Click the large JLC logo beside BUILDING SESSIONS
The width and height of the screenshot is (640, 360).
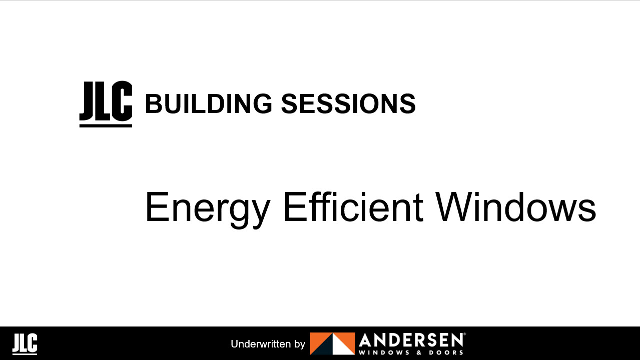[106, 103]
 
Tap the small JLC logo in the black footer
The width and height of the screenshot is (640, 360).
[25, 344]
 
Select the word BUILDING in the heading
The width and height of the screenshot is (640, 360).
[208, 103]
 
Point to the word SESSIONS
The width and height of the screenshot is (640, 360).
[348, 103]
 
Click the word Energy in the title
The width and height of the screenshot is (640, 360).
[207, 208]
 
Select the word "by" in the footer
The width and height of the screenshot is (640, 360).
[300, 344]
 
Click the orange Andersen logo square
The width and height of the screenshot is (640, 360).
[332, 343]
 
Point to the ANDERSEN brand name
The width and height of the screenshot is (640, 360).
[411, 341]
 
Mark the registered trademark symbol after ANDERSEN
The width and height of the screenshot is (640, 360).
[465, 334]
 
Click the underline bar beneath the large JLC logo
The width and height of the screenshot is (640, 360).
[106, 125]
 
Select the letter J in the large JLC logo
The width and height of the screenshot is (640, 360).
[88, 100]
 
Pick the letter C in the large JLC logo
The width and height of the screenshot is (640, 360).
[122, 100]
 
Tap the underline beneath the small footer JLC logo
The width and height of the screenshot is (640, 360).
[25, 353]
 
